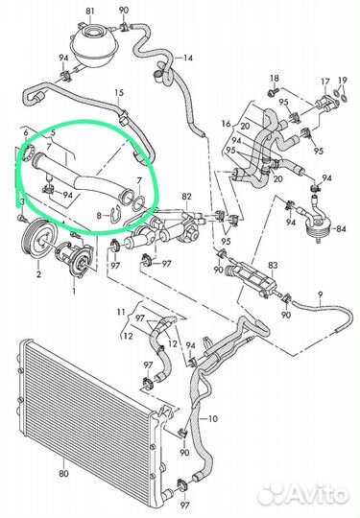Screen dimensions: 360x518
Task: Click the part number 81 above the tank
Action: click(90, 11)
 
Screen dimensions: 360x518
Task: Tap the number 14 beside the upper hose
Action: click(188, 59)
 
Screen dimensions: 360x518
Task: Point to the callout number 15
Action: click(119, 92)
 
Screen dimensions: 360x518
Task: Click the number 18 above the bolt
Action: click(275, 79)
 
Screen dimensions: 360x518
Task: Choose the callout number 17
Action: click(325, 82)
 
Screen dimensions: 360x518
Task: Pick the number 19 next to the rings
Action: click(343, 80)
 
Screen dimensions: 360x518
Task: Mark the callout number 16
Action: click(227, 124)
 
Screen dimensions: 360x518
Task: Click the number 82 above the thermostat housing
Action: click(186, 197)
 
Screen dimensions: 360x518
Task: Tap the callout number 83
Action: click(273, 265)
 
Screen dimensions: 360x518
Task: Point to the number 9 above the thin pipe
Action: click(320, 294)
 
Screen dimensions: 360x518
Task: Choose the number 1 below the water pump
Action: click(74, 291)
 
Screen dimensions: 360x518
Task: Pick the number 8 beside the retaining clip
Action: click(99, 216)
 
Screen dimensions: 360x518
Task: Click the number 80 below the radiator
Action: click(63, 474)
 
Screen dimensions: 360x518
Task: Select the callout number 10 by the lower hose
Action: click(213, 419)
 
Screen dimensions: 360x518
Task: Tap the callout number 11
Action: click(121, 312)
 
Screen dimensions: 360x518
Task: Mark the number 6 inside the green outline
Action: click(26, 132)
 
